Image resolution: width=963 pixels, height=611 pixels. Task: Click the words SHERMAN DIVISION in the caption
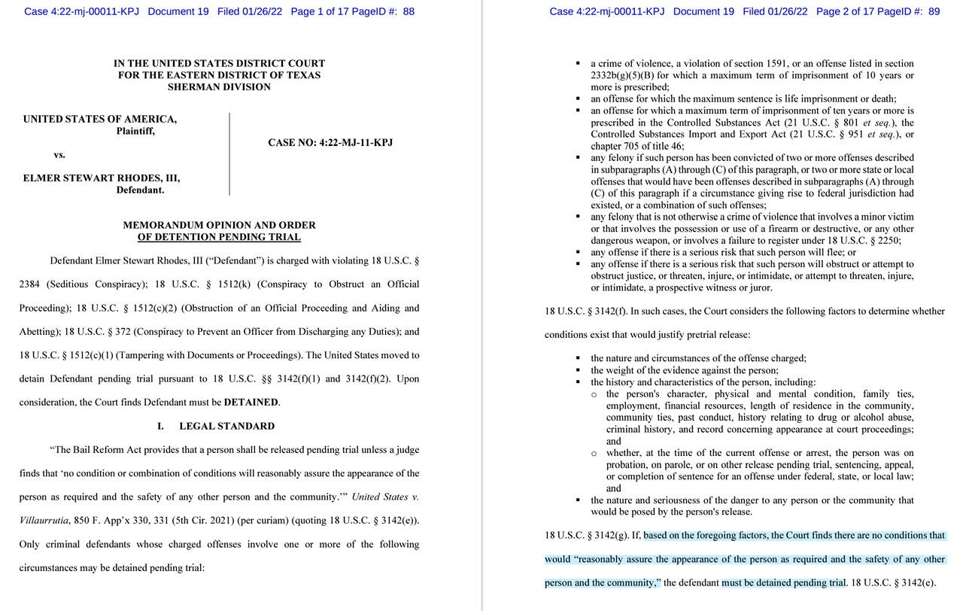coord(219,87)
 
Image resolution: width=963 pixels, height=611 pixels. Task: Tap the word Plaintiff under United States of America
coord(135,131)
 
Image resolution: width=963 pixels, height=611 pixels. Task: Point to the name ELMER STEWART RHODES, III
coord(102,178)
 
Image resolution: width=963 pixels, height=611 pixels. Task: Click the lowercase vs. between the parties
coord(59,155)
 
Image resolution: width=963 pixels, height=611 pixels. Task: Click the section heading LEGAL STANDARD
coord(226,426)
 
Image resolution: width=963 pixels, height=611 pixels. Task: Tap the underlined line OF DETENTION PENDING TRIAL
coord(219,237)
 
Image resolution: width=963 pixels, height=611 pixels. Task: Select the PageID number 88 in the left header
coord(409,11)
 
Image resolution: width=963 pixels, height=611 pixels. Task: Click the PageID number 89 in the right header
coord(934,11)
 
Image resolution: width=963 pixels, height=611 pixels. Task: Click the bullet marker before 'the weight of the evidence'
coord(578,370)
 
